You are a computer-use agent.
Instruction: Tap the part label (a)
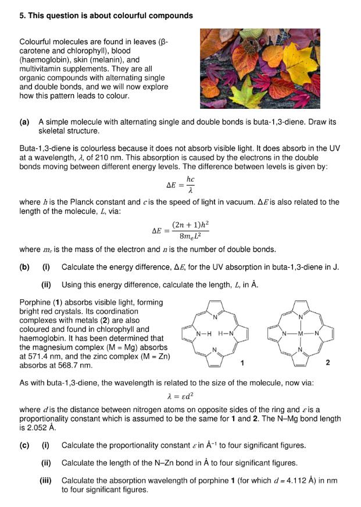coord(24,123)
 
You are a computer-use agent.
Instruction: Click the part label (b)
coord(24,267)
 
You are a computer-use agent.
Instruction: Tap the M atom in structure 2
coord(301,334)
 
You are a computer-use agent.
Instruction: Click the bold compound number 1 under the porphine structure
coord(242,363)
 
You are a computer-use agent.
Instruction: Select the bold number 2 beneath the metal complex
coord(328,363)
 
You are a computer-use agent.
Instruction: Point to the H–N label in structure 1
coord(226,334)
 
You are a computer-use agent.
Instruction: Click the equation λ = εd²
coord(181,397)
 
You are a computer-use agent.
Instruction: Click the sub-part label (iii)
coord(46,481)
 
